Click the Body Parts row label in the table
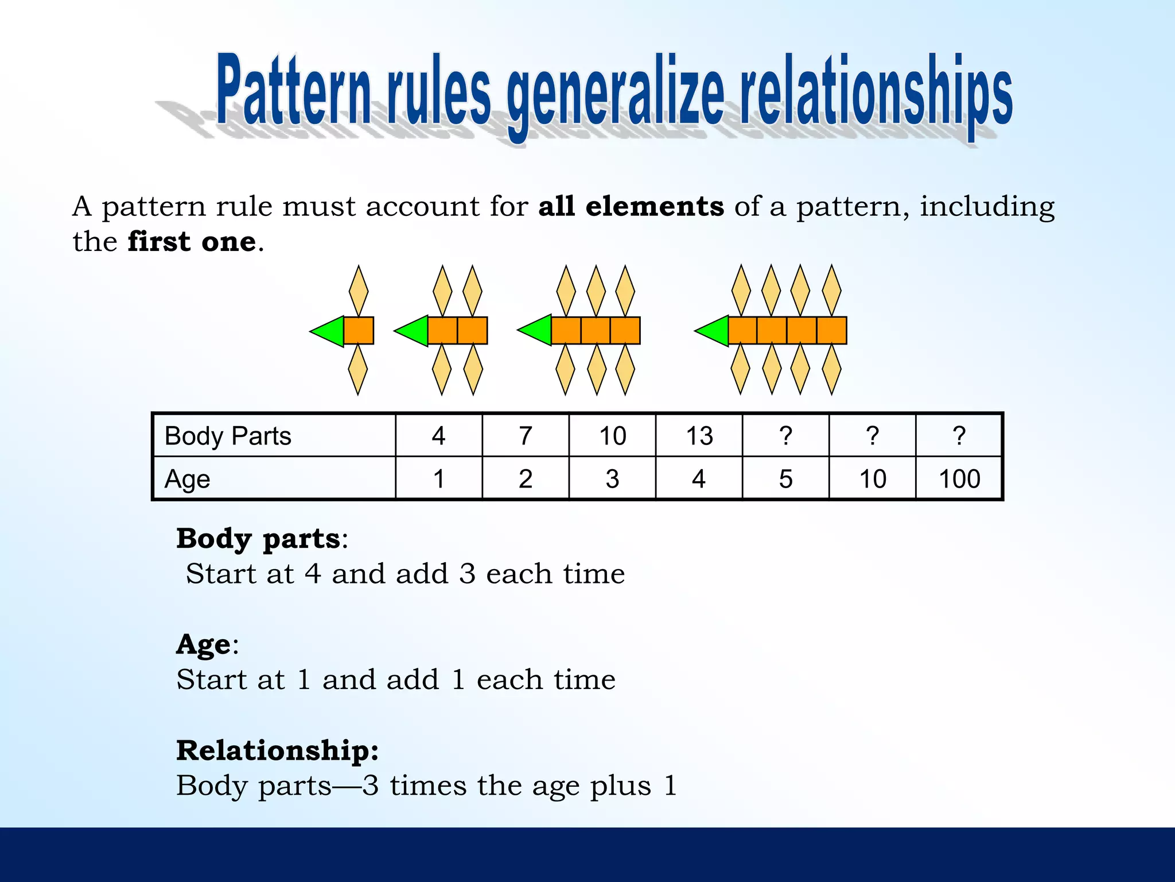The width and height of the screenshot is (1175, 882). point(228,436)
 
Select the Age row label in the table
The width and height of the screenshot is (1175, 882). point(187,479)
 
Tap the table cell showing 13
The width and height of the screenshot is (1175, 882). point(699,436)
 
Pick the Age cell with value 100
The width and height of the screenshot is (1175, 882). point(959,479)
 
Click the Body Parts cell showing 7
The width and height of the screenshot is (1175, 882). point(525,436)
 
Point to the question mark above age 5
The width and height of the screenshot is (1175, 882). point(785,436)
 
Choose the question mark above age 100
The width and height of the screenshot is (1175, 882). point(959,436)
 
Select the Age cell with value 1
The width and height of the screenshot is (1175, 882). point(439,479)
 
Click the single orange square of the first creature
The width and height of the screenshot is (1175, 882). point(359,331)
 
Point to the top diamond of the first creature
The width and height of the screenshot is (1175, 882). point(359,291)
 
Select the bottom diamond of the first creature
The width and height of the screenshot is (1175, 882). point(358,369)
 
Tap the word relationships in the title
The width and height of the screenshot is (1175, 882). point(876,92)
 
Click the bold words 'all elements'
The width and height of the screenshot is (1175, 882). point(631,206)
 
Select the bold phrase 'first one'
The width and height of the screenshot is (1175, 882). point(192,242)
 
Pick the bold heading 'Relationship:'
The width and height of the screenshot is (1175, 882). point(277,750)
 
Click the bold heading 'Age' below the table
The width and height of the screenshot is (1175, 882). point(203,644)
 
